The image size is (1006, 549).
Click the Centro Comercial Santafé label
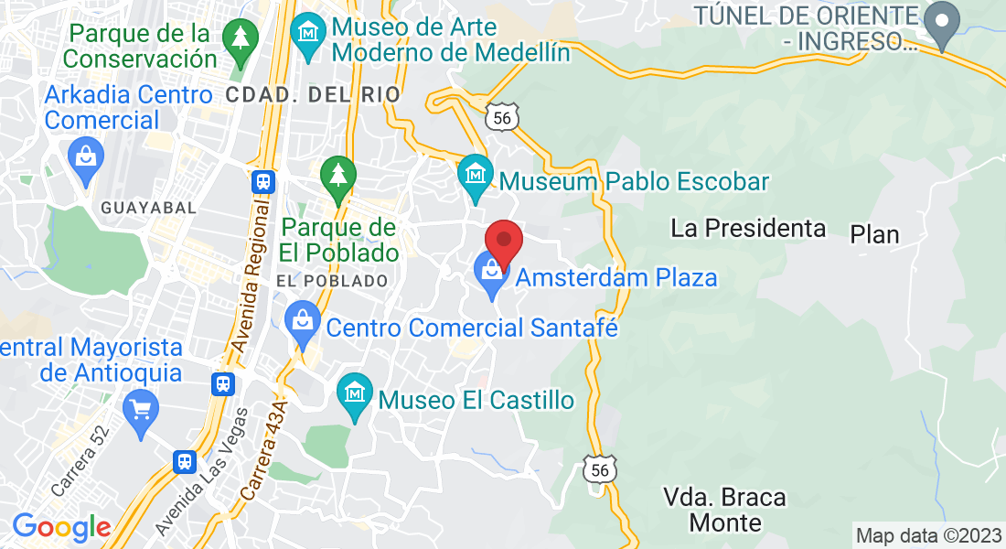click(472, 327)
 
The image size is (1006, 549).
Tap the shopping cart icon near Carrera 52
click(140, 409)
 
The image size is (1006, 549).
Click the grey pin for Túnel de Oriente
click(941, 21)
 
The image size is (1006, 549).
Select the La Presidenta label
click(748, 228)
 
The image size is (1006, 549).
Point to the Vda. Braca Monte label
click(724, 510)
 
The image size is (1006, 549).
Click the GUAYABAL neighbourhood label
click(149, 208)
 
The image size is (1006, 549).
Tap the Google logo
click(61, 527)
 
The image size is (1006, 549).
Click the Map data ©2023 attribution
click(927, 534)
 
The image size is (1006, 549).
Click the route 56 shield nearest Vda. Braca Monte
click(600, 469)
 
